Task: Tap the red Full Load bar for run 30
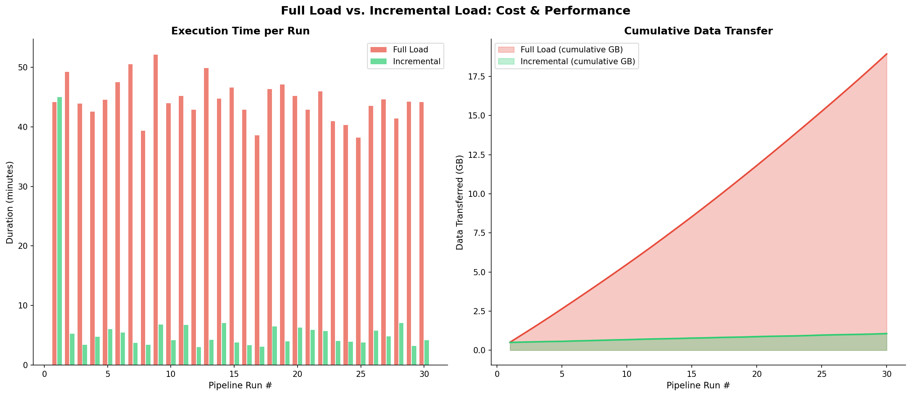(x=421, y=233)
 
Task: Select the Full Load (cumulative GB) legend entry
(x=571, y=50)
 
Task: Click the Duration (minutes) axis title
(x=10, y=202)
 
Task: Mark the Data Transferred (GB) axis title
(x=460, y=202)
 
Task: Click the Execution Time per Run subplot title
(x=240, y=31)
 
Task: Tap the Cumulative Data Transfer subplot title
(x=698, y=31)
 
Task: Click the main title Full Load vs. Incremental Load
(x=455, y=11)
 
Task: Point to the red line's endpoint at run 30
(x=887, y=54)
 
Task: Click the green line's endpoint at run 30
(x=887, y=334)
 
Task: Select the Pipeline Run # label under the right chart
(x=698, y=385)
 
